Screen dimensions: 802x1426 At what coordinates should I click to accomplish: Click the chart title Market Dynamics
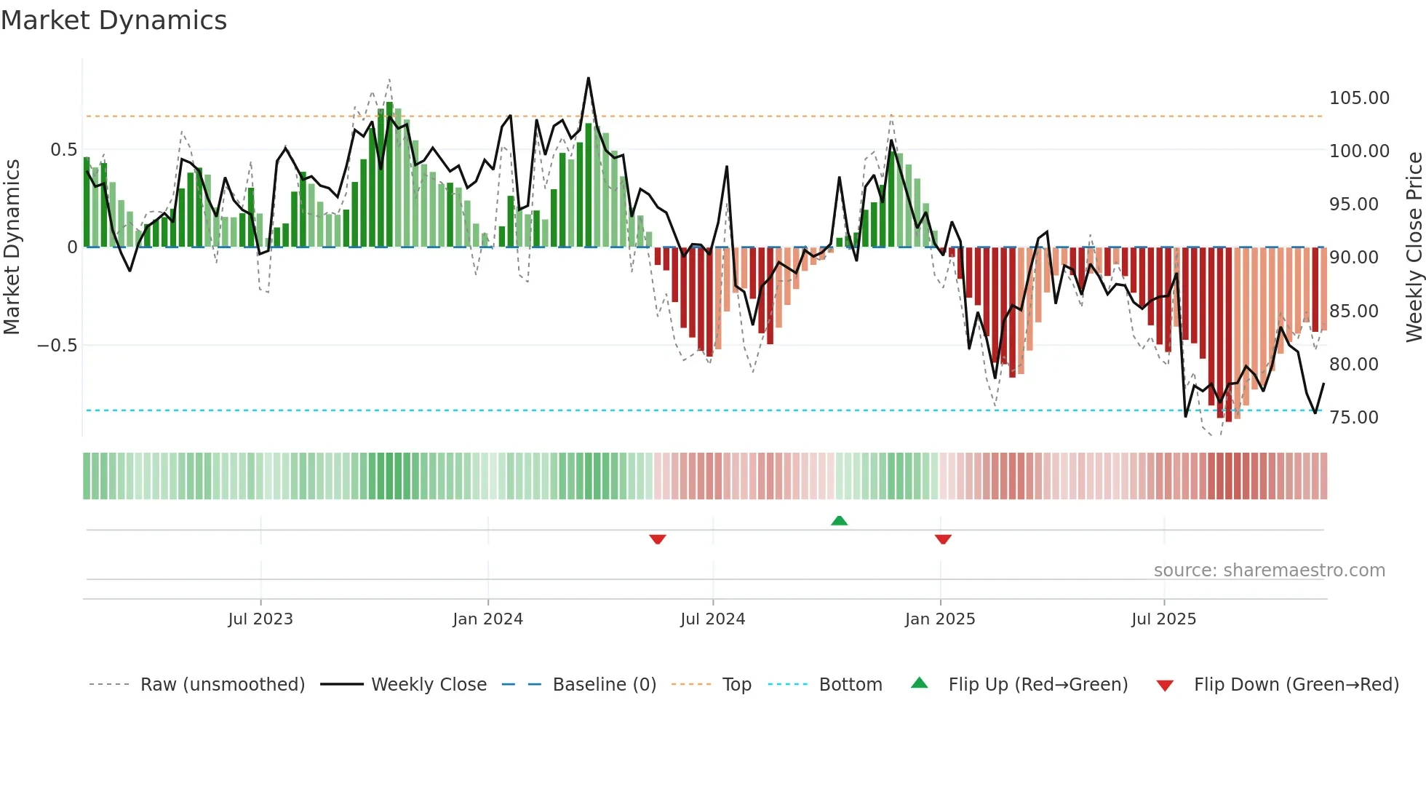pos(113,20)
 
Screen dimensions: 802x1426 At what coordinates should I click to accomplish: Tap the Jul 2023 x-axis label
pos(260,619)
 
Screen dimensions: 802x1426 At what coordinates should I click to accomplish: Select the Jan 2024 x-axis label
pos(487,619)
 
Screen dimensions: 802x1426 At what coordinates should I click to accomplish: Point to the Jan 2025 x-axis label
pos(940,619)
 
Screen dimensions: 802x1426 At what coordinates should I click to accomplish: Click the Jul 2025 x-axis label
pos(1163,619)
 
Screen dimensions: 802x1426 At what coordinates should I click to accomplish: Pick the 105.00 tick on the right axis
pos(1359,98)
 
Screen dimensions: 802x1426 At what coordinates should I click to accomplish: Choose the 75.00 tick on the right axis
pos(1353,418)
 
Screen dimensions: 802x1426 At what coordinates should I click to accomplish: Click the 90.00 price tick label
pos(1353,258)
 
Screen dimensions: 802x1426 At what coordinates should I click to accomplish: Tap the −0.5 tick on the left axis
pos(57,346)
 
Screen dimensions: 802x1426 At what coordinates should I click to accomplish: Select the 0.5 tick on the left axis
pos(63,150)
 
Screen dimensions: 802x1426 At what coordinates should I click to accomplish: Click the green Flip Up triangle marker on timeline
pos(839,520)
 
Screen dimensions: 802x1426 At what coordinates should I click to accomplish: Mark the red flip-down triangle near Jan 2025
pos(943,539)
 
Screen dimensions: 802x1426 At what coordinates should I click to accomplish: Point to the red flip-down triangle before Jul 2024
pos(658,539)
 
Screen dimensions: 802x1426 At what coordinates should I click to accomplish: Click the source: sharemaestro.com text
pos(1269,571)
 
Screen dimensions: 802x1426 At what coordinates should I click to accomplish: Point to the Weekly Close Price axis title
pos(1414,247)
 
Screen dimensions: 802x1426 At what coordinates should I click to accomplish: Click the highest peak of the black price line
pos(588,79)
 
